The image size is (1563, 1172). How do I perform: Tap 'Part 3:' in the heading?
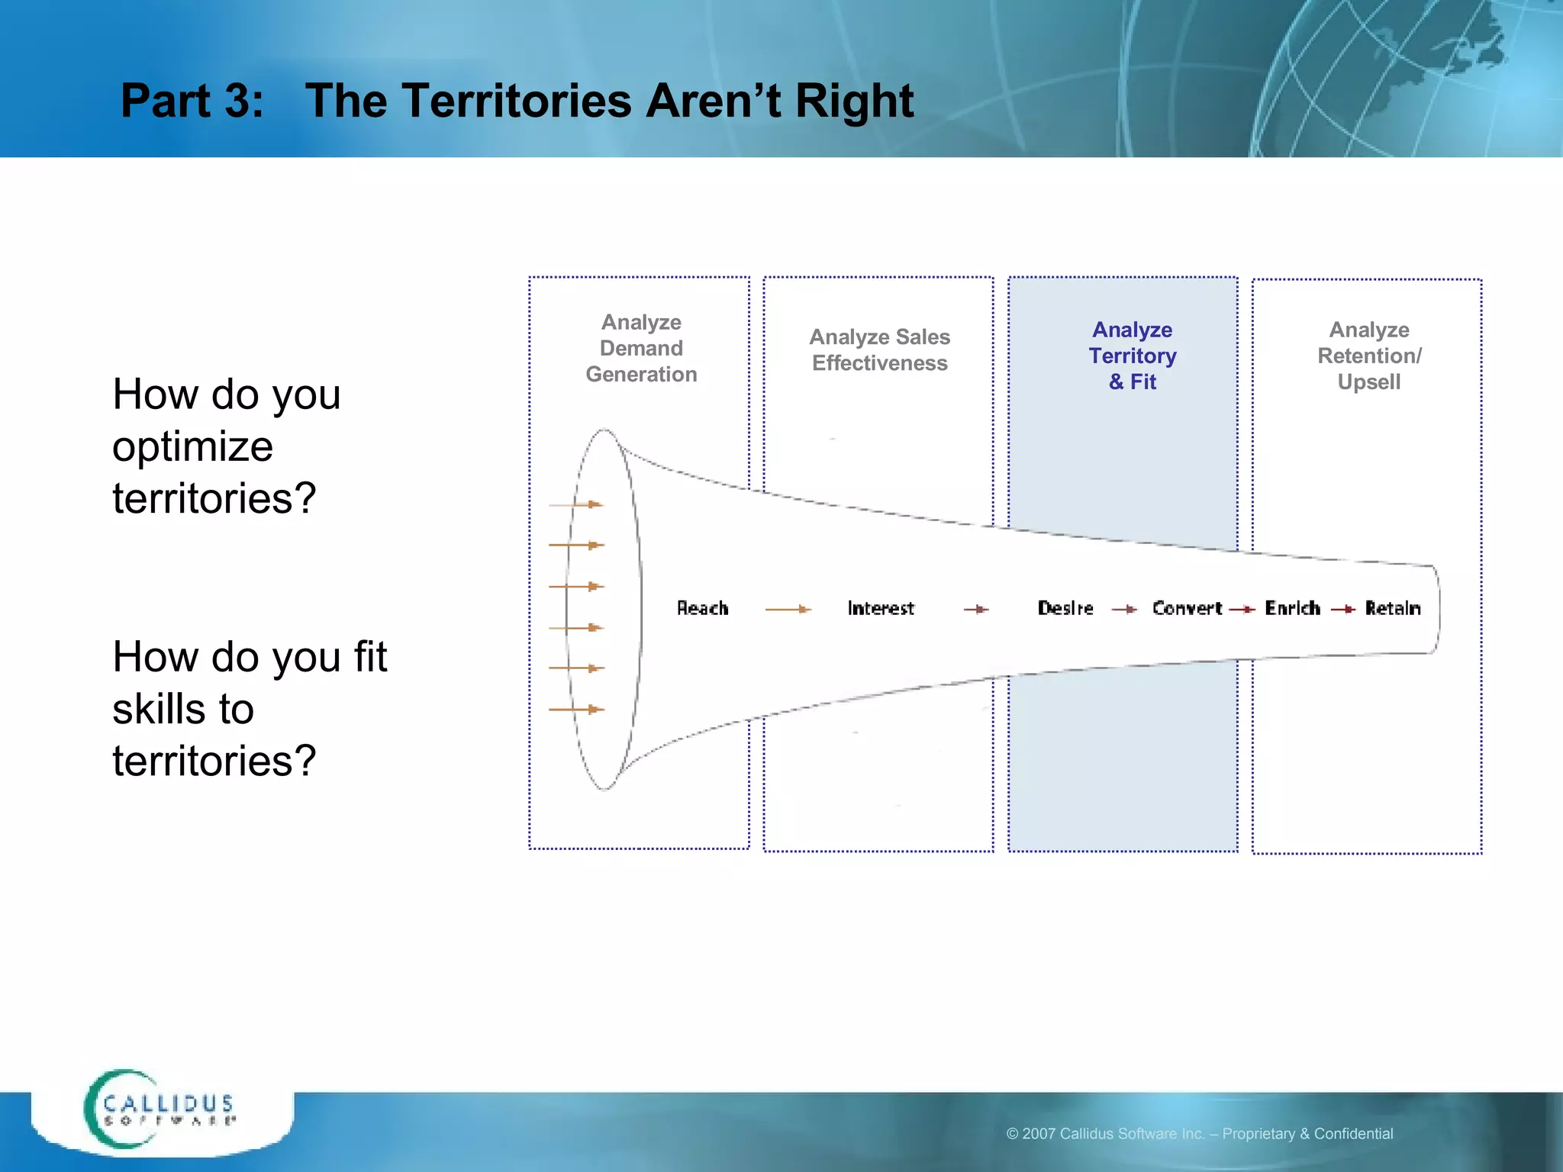coord(192,101)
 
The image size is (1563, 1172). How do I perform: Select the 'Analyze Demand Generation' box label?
coord(641,348)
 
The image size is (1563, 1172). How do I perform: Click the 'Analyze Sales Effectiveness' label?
coord(879,349)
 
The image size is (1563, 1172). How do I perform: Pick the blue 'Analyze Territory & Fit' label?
coord(1133,356)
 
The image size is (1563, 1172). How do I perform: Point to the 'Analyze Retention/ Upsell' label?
coord(1369,356)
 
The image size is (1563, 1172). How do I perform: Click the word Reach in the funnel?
coord(702,608)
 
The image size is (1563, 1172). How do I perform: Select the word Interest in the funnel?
coord(880,608)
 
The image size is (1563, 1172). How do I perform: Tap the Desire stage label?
coord(1065,608)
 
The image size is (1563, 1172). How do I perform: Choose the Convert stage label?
coord(1187,608)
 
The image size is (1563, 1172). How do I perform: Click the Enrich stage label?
coord(1292,608)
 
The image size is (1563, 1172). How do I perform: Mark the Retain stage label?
coord(1393,608)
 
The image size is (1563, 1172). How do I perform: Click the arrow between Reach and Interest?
coord(788,609)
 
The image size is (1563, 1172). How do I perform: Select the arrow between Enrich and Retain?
coord(1343,609)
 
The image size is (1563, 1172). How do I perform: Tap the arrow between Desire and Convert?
coord(1125,609)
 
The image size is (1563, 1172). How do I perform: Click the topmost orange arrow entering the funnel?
coord(576,504)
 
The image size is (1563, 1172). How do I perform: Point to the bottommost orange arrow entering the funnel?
coord(576,710)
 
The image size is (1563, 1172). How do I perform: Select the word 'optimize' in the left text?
coord(192,446)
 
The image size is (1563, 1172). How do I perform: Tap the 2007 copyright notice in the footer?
coord(1200,1134)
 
